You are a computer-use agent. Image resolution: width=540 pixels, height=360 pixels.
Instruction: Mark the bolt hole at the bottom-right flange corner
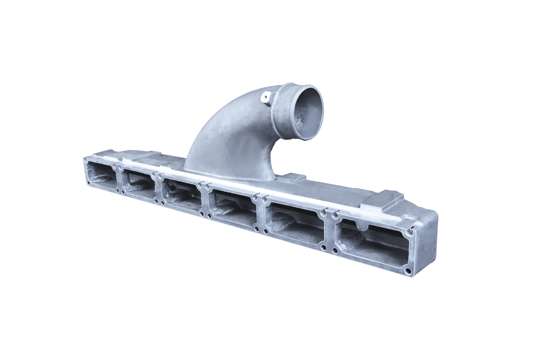(408, 272)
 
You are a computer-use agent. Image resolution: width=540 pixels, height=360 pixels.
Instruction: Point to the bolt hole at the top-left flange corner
(86, 159)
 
